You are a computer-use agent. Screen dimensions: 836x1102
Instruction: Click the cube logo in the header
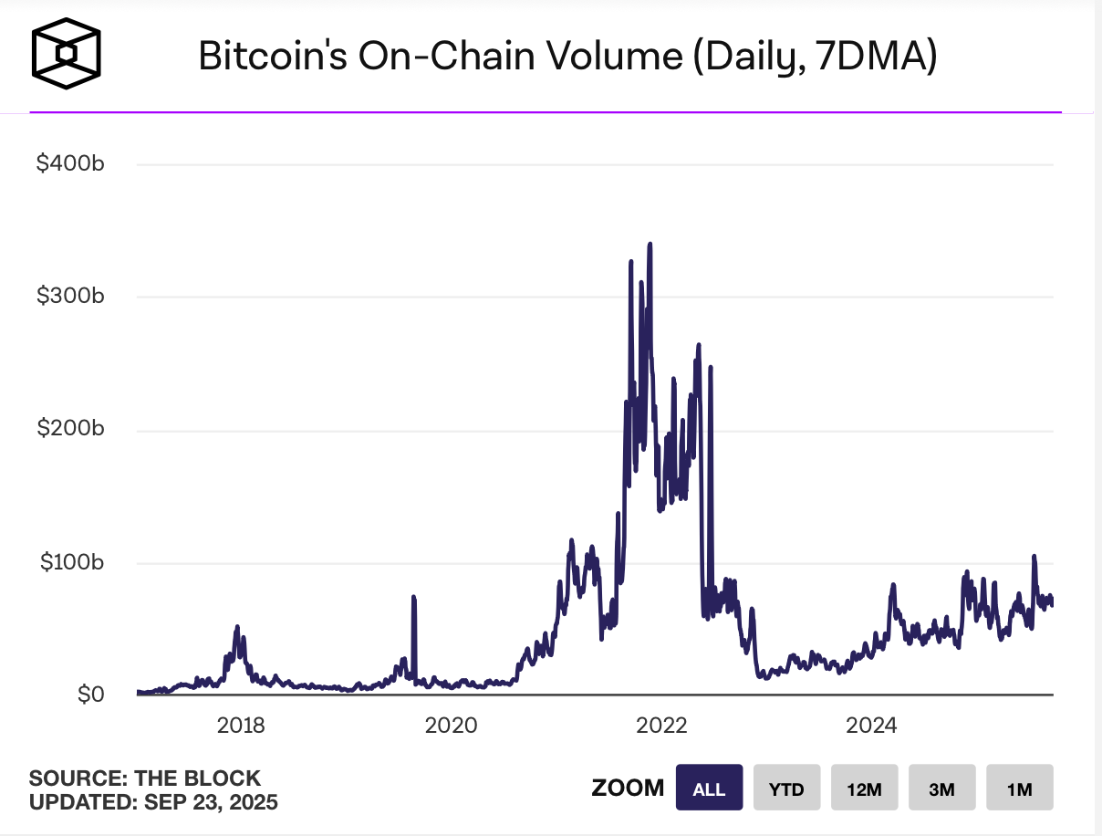[66, 55]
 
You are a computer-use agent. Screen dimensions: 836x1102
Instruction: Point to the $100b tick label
[72, 562]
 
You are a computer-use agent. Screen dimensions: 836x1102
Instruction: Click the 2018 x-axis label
[241, 726]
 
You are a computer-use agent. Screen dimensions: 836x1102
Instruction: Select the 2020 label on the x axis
[451, 726]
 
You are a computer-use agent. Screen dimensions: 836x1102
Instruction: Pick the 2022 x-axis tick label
[660, 726]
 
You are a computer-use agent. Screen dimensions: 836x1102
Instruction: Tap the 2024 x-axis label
[871, 726]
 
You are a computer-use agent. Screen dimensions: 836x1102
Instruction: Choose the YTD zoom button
[786, 789]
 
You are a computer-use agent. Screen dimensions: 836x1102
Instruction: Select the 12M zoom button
[864, 789]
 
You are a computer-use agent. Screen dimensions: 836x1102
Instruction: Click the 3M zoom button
[941, 789]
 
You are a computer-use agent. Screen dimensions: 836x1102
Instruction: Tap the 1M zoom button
[1019, 789]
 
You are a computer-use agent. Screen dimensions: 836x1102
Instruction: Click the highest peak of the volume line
[650, 245]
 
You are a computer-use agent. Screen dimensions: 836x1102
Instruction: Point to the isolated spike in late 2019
[413, 599]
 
